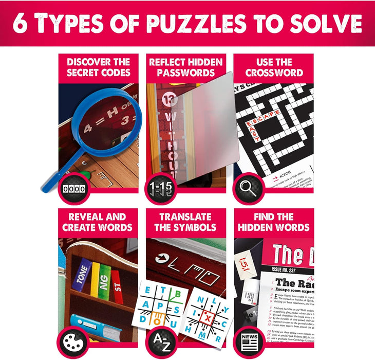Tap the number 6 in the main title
[21, 24]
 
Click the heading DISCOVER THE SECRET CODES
[98, 67]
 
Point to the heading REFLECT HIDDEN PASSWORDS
[185, 67]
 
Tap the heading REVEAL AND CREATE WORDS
[98, 222]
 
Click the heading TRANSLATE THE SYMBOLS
[185, 222]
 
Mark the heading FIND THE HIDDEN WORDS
[274, 222]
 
